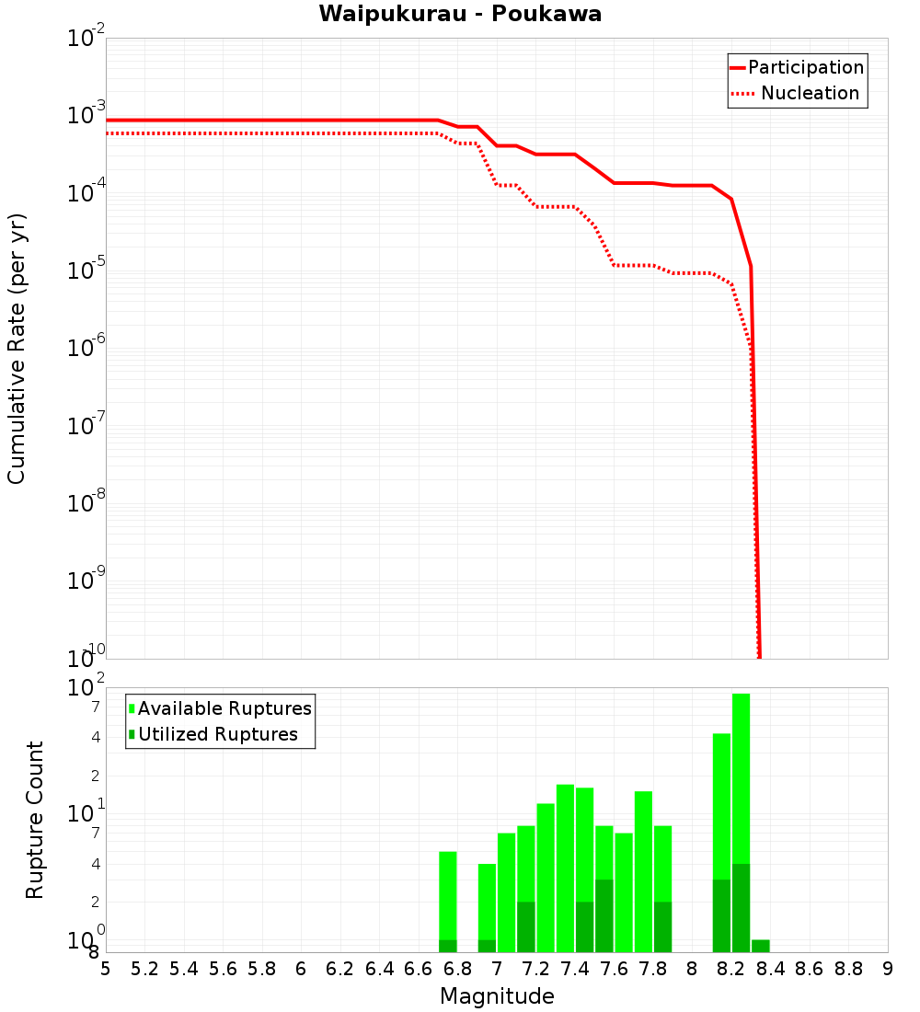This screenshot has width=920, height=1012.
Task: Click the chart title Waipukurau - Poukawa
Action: [460, 14]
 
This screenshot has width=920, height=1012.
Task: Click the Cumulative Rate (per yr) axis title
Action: [17, 348]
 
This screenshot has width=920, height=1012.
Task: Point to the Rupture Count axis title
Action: [35, 820]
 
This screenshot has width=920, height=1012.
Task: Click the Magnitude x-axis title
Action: [497, 996]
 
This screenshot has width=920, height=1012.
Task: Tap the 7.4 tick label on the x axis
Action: [575, 969]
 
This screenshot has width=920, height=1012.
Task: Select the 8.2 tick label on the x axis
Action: [731, 969]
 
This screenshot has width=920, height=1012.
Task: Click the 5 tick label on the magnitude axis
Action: [106, 969]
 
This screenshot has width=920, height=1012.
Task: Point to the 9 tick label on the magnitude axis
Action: [888, 969]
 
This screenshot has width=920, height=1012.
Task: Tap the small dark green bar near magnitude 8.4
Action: [761, 946]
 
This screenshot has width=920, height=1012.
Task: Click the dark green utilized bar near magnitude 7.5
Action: [604, 915]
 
